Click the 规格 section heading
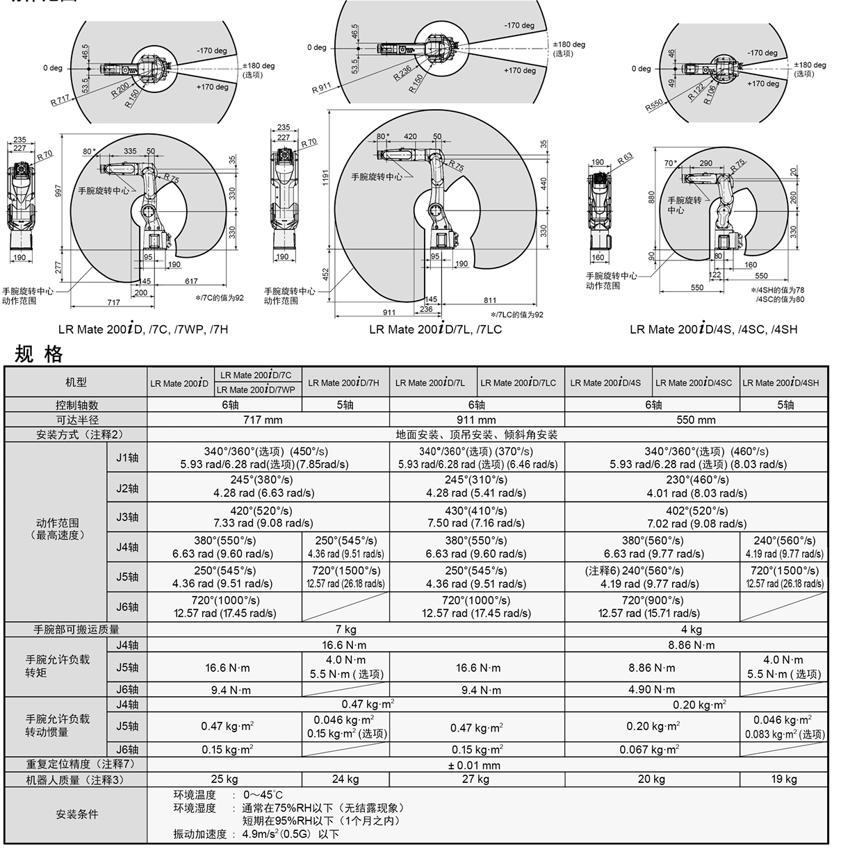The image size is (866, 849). point(39,354)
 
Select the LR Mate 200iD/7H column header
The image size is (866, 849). point(344,383)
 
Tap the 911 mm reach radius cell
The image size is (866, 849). point(476,420)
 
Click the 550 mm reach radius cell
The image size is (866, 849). point(696,420)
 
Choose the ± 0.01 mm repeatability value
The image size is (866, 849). point(474,765)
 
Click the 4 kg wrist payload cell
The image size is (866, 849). point(691,629)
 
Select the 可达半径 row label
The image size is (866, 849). point(76,420)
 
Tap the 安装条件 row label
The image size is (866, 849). point(77,814)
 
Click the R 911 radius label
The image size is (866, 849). point(321,88)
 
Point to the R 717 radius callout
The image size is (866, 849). point(60,100)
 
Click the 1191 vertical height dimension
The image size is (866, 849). point(325,176)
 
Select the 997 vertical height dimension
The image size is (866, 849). point(58,190)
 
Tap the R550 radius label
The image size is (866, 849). point(654,105)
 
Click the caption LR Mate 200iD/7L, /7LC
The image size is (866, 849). point(435,329)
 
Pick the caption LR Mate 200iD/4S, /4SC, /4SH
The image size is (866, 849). point(713,329)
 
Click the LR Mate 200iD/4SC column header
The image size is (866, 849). point(694,383)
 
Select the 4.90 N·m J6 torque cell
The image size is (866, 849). point(652,689)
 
